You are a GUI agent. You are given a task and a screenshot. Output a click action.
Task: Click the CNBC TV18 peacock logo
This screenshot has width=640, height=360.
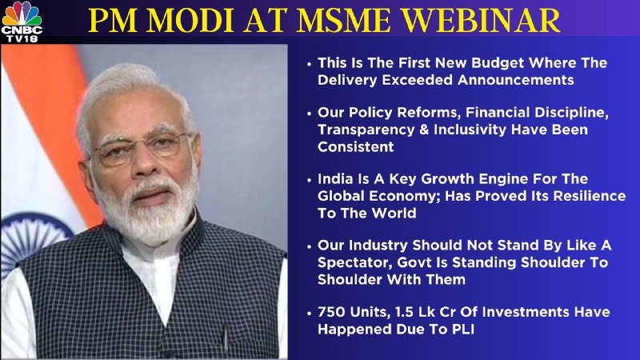[22, 22]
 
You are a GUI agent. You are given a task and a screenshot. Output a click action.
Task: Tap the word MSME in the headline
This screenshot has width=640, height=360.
[344, 21]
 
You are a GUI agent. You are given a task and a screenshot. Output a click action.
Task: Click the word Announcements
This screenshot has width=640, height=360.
[516, 79]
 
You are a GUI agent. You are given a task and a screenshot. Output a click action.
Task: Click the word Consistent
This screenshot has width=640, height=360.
[355, 147]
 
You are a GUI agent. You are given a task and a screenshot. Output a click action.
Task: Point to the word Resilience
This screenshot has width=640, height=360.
[590, 196]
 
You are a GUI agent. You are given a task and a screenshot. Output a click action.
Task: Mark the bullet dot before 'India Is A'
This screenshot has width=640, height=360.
[309, 181]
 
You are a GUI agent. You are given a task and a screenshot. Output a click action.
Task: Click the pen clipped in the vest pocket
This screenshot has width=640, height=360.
[225, 338]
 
